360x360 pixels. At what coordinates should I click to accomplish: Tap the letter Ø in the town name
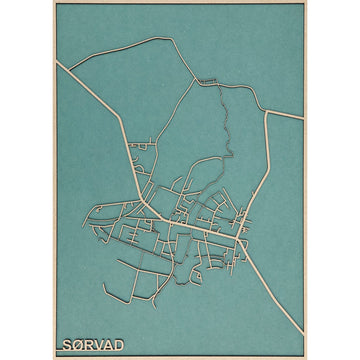pyautogui.click(x=78, y=344)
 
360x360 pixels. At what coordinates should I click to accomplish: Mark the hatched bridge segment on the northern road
pyautogui.click(x=207, y=79)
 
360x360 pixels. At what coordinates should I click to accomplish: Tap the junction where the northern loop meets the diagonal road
pyautogui.click(x=73, y=71)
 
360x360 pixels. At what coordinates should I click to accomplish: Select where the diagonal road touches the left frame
pyautogui.click(x=57, y=61)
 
